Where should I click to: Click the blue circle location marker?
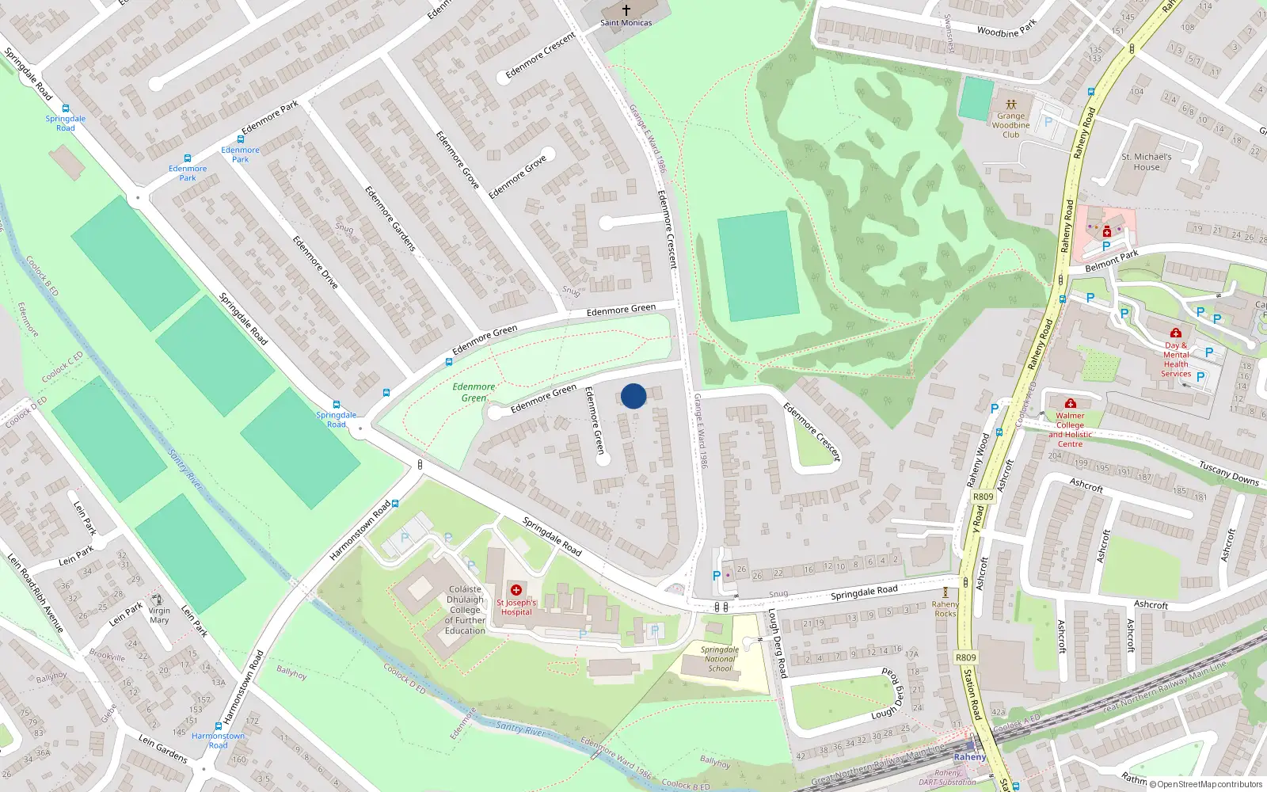coord(633,396)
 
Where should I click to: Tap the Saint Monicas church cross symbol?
coord(626,10)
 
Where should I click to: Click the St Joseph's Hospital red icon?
coord(516,590)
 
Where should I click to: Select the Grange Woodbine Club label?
coord(1010,125)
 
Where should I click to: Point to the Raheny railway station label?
coord(969,756)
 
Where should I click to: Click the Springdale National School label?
coord(720,659)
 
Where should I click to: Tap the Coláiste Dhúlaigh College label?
coord(465,610)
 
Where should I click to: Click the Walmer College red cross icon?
coord(1071,403)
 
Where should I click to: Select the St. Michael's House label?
coord(1146,162)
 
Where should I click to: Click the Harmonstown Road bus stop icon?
coord(219,726)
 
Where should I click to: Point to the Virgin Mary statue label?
coord(159,615)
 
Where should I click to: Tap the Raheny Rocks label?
coord(945,608)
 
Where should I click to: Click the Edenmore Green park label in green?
coord(474,392)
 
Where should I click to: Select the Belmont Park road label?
coord(1111,261)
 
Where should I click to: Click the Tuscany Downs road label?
coord(1228,474)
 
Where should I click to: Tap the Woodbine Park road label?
coord(1006,30)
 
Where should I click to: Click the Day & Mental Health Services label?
coord(1176,360)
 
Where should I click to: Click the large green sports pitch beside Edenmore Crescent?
coord(758,265)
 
